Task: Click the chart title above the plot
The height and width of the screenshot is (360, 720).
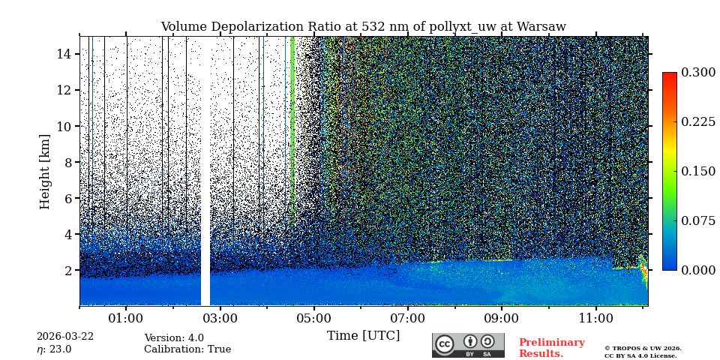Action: click(363, 27)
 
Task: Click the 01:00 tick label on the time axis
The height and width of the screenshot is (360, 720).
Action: click(126, 318)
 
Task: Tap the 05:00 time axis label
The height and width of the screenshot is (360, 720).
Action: click(314, 318)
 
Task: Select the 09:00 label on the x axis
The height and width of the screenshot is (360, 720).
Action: click(502, 318)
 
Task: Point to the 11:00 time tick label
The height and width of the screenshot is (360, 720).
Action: click(596, 318)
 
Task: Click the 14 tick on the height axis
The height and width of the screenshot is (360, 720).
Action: click(63, 54)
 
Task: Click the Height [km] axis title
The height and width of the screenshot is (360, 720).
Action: click(45, 171)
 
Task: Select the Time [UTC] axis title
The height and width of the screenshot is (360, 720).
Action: click(363, 335)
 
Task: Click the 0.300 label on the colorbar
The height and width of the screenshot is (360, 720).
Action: click(698, 73)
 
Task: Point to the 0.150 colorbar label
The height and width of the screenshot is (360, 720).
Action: click(698, 171)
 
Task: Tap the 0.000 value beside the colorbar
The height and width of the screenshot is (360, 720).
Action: click(698, 270)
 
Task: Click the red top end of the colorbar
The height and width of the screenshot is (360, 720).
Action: click(669, 76)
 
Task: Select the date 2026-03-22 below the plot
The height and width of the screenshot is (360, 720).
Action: click(65, 337)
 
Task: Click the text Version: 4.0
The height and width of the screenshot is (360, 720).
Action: click(174, 338)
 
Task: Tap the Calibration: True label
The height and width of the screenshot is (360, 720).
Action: click(187, 349)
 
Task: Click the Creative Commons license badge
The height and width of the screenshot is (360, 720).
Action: click(468, 345)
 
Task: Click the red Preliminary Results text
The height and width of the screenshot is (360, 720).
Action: click(551, 348)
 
